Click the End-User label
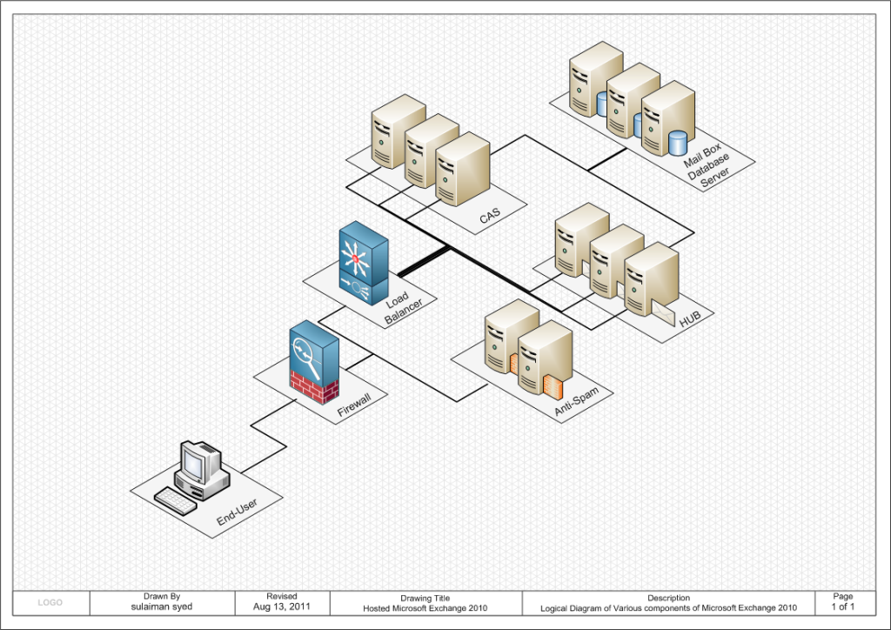coord(237,512)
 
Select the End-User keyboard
coord(176,500)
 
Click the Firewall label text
coord(354,405)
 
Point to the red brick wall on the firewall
coord(314,387)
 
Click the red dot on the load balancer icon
coord(356,258)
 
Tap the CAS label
coord(490,215)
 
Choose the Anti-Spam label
coord(576,402)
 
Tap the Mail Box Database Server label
coord(707,165)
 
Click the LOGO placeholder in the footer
coord(50,603)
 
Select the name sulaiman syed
coord(162,607)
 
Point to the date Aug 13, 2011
coord(282,607)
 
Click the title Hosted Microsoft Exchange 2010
coord(425,608)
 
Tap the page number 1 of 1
coord(842,607)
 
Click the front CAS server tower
coord(463,169)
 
